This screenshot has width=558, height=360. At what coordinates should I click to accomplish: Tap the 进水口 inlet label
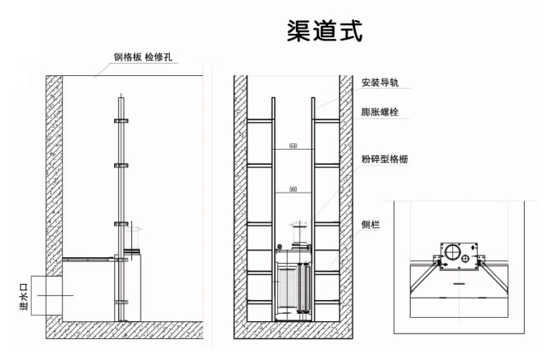[23, 294]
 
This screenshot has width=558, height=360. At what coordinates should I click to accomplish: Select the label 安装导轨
[381, 83]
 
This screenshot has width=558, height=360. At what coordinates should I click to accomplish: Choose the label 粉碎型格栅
[385, 159]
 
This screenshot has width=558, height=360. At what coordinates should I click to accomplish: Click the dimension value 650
[292, 146]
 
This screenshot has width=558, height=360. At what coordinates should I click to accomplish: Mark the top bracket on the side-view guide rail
[121, 119]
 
